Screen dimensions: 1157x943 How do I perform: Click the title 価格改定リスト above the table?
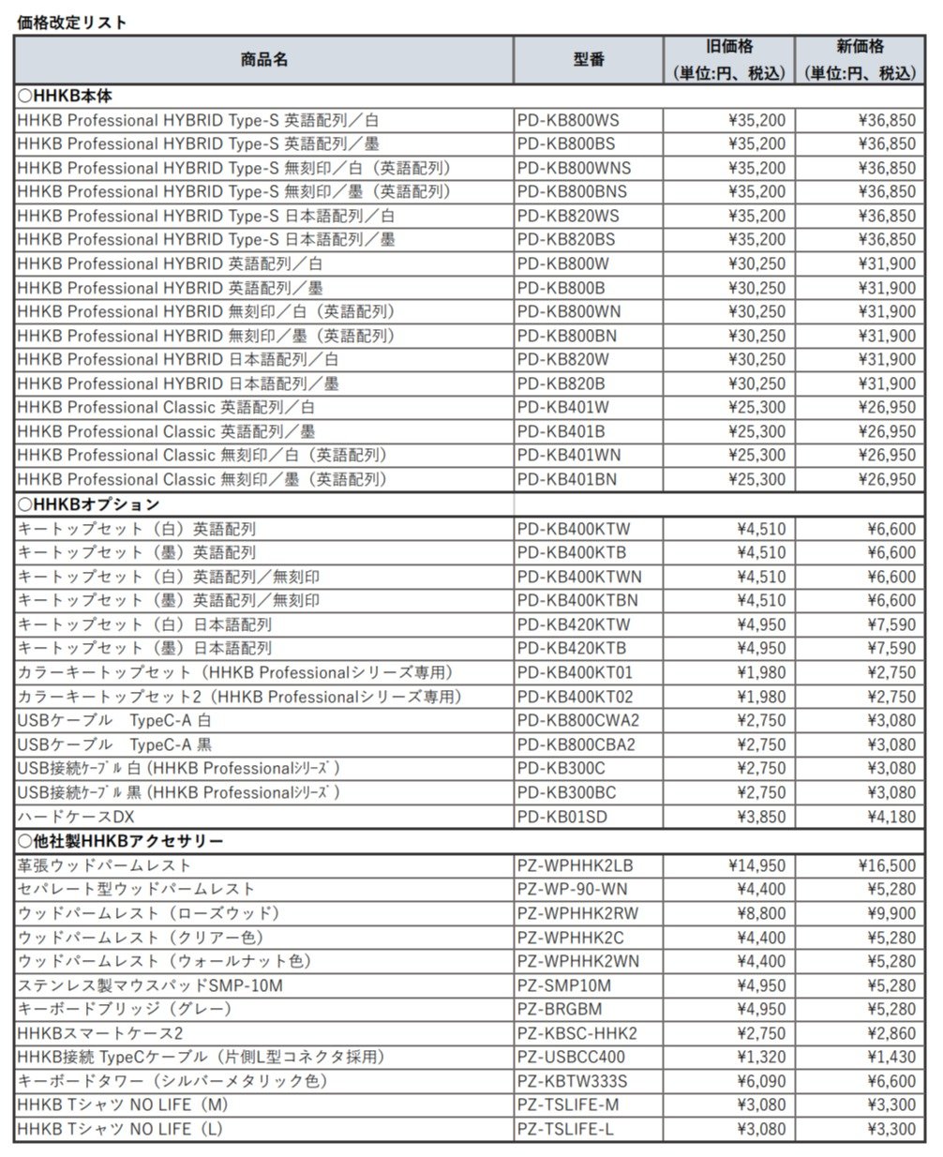[x=72, y=22]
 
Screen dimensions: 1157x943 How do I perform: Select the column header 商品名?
[x=263, y=59]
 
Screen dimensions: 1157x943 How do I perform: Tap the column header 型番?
[x=589, y=59]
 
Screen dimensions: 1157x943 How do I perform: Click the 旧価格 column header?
[x=729, y=47]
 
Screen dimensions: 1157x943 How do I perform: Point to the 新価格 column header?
[x=860, y=47]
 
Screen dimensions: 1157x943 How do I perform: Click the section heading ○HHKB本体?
[x=67, y=96]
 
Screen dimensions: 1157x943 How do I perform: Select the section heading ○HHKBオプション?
[x=89, y=503]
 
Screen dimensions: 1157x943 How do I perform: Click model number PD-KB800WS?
[x=568, y=120]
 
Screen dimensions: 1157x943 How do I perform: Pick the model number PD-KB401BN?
[x=567, y=479]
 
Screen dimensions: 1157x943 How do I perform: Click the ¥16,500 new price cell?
[x=886, y=864]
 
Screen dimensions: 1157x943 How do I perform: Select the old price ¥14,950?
[x=756, y=864]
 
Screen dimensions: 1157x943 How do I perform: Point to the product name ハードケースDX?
[x=76, y=817]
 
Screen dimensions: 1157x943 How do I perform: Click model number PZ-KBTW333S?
[x=573, y=1081]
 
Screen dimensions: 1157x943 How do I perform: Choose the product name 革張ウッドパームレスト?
[x=104, y=864]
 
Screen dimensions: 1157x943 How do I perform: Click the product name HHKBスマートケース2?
[x=100, y=1033]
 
